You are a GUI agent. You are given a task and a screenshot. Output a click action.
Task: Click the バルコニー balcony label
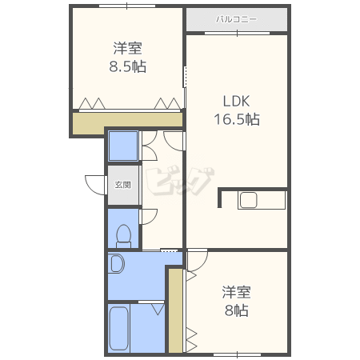(x=236, y=19)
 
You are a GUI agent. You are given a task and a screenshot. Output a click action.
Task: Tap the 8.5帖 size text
(x=128, y=66)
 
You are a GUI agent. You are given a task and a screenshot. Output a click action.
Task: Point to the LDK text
(x=236, y=102)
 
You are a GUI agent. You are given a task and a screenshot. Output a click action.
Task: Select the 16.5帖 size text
(x=237, y=119)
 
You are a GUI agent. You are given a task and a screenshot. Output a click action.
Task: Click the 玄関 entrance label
(x=123, y=185)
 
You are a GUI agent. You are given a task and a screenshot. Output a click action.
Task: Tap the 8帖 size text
(x=237, y=310)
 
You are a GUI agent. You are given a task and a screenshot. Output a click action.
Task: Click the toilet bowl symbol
(x=123, y=236)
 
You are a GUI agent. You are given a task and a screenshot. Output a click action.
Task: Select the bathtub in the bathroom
(x=119, y=329)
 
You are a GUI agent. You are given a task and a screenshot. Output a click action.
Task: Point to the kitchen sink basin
(x=248, y=200)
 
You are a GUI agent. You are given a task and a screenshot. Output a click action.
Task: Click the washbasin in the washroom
(x=117, y=264)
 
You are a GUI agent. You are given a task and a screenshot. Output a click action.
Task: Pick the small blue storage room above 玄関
(x=123, y=146)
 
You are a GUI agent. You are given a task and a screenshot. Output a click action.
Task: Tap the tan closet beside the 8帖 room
(x=175, y=310)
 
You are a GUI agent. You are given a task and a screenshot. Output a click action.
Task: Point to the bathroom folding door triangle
(x=158, y=310)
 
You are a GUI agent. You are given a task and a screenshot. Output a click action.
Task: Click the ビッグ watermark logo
(x=181, y=181)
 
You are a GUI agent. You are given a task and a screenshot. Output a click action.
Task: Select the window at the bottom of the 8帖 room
(x=237, y=354)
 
